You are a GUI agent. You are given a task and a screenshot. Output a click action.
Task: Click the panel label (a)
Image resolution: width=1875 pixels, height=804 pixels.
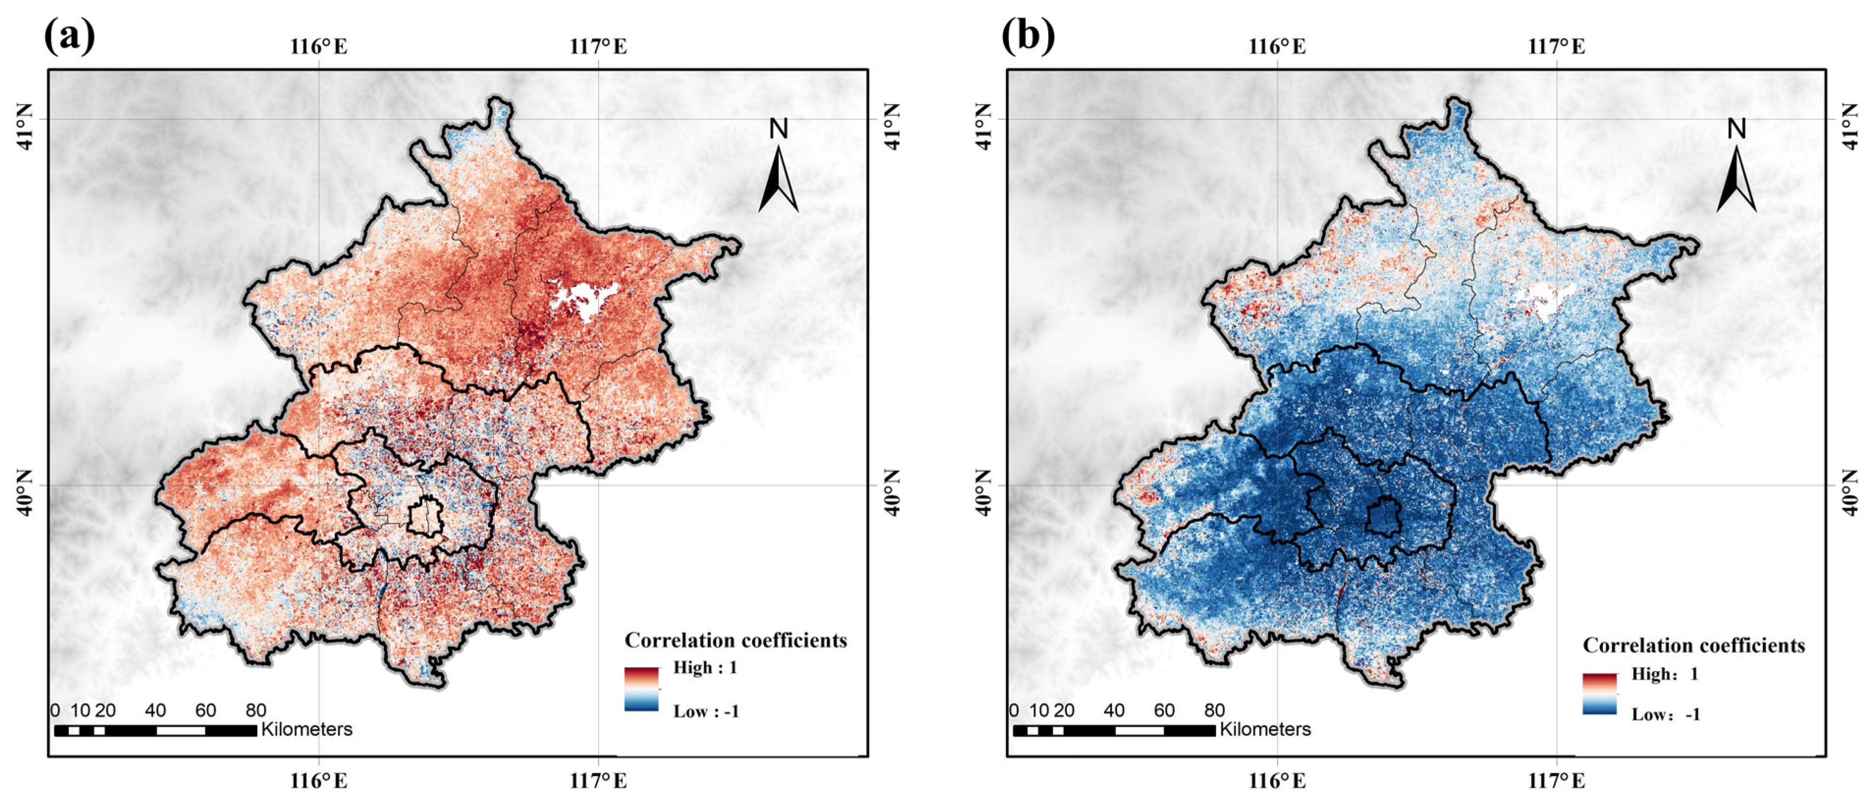(x=69, y=36)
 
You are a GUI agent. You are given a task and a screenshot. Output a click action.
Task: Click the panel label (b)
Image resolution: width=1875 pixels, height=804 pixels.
(x=1028, y=36)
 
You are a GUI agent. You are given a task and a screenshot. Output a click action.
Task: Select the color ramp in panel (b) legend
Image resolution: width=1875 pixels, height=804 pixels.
(x=1599, y=693)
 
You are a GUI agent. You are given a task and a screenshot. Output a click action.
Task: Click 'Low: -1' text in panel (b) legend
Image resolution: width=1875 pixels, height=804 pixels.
(x=1665, y=715)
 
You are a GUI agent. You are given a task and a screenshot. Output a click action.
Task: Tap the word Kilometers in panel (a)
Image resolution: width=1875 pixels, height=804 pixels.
(x=306, y=729)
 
